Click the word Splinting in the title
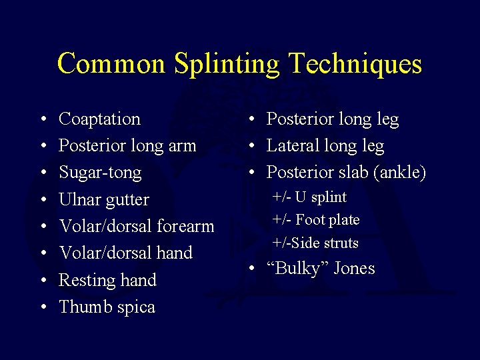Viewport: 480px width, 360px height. pos(226,64)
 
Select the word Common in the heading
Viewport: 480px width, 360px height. pos(111,64)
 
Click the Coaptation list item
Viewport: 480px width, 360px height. pos(99,119)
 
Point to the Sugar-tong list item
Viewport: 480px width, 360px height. pos(100,173)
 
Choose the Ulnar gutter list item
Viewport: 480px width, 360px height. pos(103,199)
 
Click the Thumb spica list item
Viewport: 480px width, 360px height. pos(107,307)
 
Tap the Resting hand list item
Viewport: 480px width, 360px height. pos(107,280)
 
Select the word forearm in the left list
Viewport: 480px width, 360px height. pos(185,226)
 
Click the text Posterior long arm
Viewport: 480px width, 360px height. pos(127,146)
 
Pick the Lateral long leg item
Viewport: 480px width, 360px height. pos(325,146)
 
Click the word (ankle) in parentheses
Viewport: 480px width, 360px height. pos(399,173)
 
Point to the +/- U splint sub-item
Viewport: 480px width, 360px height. pos(310,197)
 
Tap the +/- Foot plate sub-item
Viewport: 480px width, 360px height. pos(316,220)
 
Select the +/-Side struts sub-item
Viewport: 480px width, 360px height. pos(315,243)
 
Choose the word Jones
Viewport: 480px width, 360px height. pos(354,269)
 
